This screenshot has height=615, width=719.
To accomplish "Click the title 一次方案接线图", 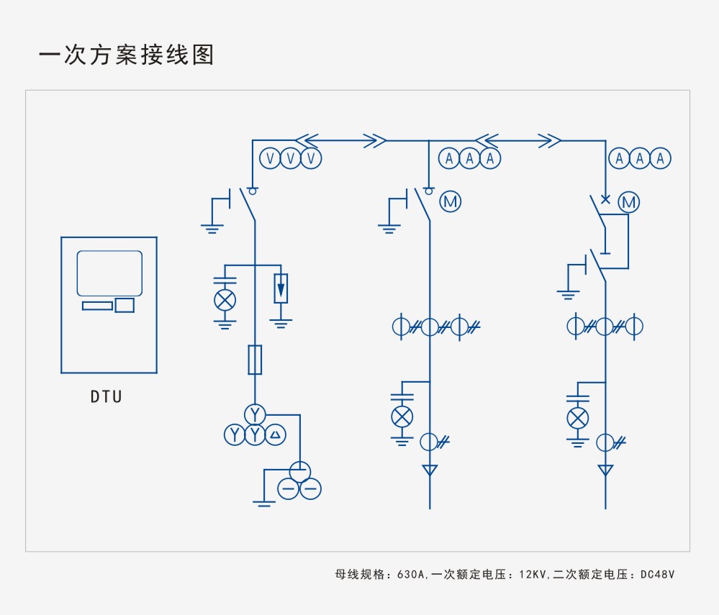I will coord(127,55).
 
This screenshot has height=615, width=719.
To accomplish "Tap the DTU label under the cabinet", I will coord(107,396).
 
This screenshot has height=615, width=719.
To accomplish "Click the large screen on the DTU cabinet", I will coord(109,273).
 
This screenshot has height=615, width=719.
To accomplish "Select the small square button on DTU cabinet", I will coord(125,305).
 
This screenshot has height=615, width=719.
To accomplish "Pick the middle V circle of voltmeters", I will coord(290,158).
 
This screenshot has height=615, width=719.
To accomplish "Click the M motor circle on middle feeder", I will coord(451,202).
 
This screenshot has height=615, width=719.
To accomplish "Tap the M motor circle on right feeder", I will coord(629,202).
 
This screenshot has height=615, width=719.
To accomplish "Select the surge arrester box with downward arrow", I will coord(281,288).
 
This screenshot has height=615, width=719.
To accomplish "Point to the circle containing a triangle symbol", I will coord(276,434).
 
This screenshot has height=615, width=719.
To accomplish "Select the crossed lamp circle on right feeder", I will coord(577,418).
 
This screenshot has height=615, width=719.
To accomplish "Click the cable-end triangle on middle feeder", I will coord(430,470).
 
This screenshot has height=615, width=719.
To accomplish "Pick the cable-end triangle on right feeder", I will coord(606,470).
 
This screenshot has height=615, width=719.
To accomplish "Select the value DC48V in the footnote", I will coord(656,575).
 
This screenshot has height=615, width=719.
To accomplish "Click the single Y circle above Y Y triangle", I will coord(255,414).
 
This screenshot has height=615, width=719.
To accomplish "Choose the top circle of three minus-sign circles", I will coord(299,470).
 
